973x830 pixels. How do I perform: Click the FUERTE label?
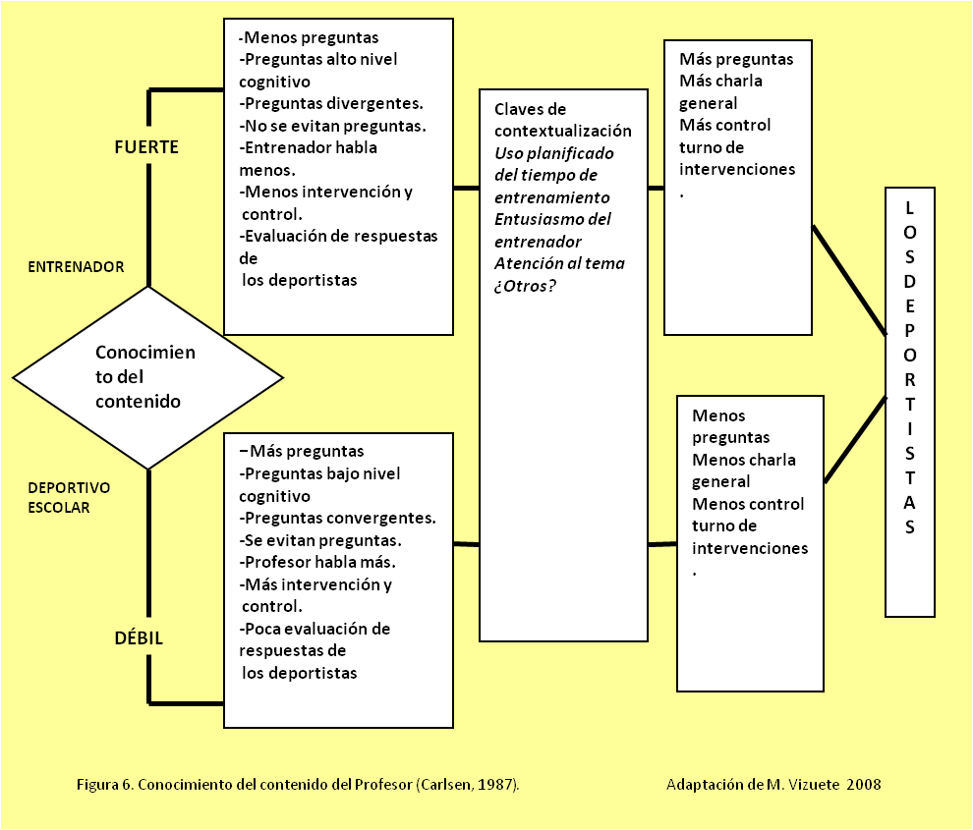pos(147,147)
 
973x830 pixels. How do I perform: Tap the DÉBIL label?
pos(137,638)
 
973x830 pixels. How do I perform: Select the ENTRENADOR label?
pos(76,266)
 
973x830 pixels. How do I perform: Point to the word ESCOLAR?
pos(59,508)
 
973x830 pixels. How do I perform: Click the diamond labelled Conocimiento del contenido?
pos(147,377)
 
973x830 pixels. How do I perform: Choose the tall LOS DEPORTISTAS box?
pos(910,402)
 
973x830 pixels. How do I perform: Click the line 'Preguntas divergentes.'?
pos(331,104)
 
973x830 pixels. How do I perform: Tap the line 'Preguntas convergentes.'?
pos(338,518)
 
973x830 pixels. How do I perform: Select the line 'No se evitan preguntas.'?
pos(332,126)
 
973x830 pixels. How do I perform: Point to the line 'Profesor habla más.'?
pos(318,562)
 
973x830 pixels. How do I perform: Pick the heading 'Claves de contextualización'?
pos(562,120)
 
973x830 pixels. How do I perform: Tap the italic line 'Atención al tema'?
pos(559,263)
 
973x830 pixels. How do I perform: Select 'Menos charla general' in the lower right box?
pos(743,470)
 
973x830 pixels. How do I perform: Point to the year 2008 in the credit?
pos(865,785)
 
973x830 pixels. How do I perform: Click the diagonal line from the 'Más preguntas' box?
pos(849,280)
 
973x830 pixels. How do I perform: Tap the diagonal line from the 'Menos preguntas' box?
pos(854,439)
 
